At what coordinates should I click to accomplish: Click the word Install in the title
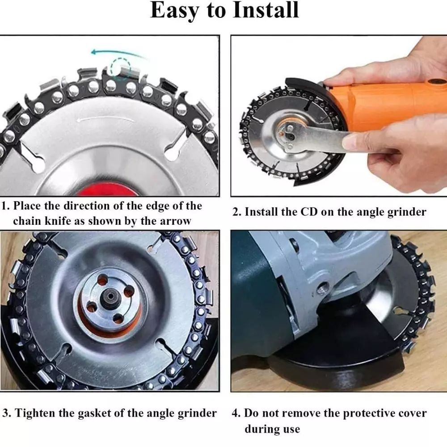pyautogui.click(x=266, y=11)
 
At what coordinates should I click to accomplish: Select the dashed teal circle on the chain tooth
pyautogui.click(x=121, y=68)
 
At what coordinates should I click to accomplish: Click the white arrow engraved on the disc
pyautogui.click(x=105, y=119)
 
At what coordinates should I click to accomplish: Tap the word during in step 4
pyautogui.click(x=258, y=429)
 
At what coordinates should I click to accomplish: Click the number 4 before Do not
pyautogui.click(x=236, y=413)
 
